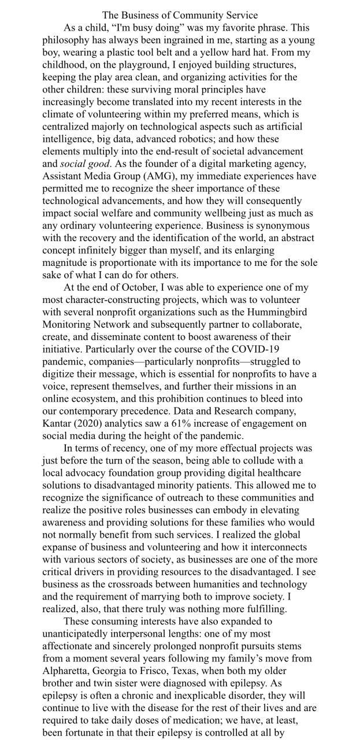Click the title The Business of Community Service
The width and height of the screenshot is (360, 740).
(x=180, y=15)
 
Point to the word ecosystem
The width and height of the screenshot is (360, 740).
(x=99, y=399)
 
